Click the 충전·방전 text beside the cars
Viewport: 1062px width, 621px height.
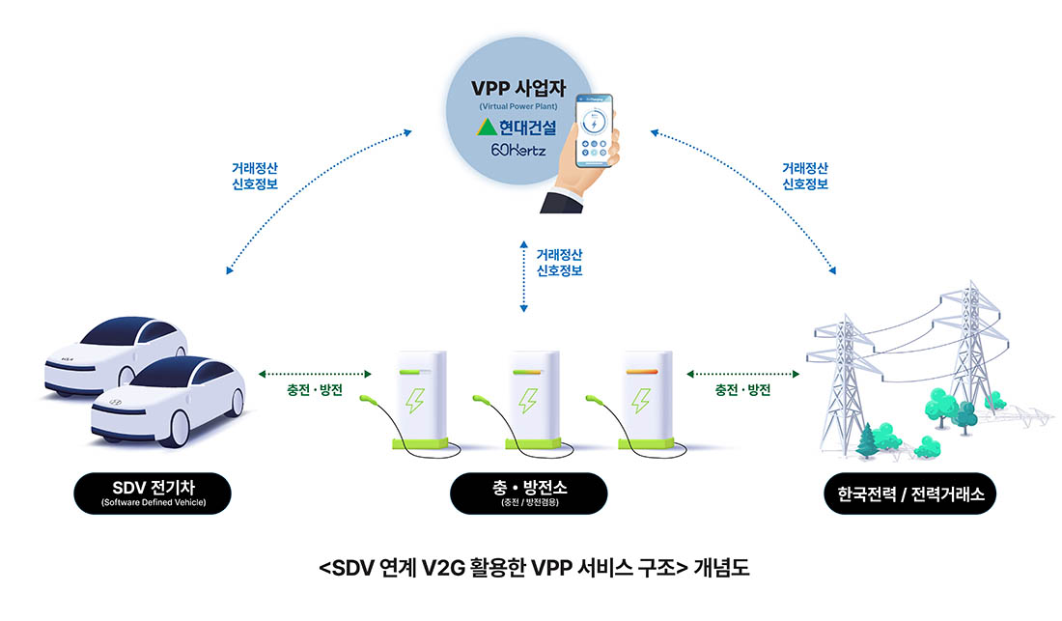pyautogui.click(x=314, y=390)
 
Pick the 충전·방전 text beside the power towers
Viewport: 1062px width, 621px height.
pyautogui.click(x=742, y=390)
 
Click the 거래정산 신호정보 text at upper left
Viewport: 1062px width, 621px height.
pyautogui.click(x=255, y=176)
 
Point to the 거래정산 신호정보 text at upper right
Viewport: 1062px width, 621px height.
pyautogui.click(x=804, y=176)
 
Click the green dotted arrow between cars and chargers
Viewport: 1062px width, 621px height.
pyautogui.click(x=316, y=373)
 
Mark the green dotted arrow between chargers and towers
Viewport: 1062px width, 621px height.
pyautogui.click(x=743, y=373)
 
